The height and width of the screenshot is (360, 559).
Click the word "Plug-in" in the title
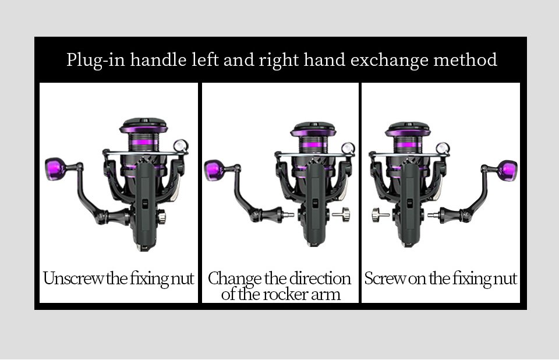(x=95, y=60)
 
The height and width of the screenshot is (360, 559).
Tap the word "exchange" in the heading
(x=390, y=60)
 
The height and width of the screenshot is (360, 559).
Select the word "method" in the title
(x=465, y=59)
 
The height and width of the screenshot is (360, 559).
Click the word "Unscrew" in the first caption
(x=73, y=278)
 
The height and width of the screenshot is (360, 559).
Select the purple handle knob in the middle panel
(x=214, y=171)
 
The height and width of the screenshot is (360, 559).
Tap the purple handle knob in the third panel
(x=508, y=170)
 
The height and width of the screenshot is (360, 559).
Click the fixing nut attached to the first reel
(x=161, y=216)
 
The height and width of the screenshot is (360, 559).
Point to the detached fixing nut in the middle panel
(x=342, y=214)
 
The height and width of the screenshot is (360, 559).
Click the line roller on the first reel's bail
(x=181, y=146)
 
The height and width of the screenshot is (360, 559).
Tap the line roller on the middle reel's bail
(x=348, y=149)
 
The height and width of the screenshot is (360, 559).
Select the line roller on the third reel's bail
(x=443, y=148)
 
